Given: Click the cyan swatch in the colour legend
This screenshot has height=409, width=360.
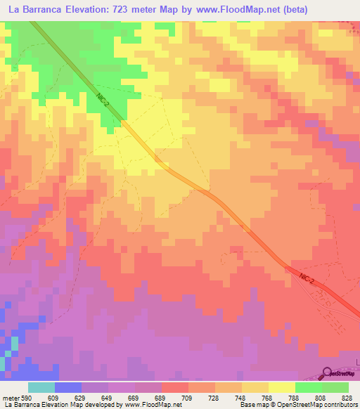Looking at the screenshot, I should (41, 387).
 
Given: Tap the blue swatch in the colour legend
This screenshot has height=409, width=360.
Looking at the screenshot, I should (68, 387).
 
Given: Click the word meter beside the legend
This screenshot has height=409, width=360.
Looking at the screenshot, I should (11, 396).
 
